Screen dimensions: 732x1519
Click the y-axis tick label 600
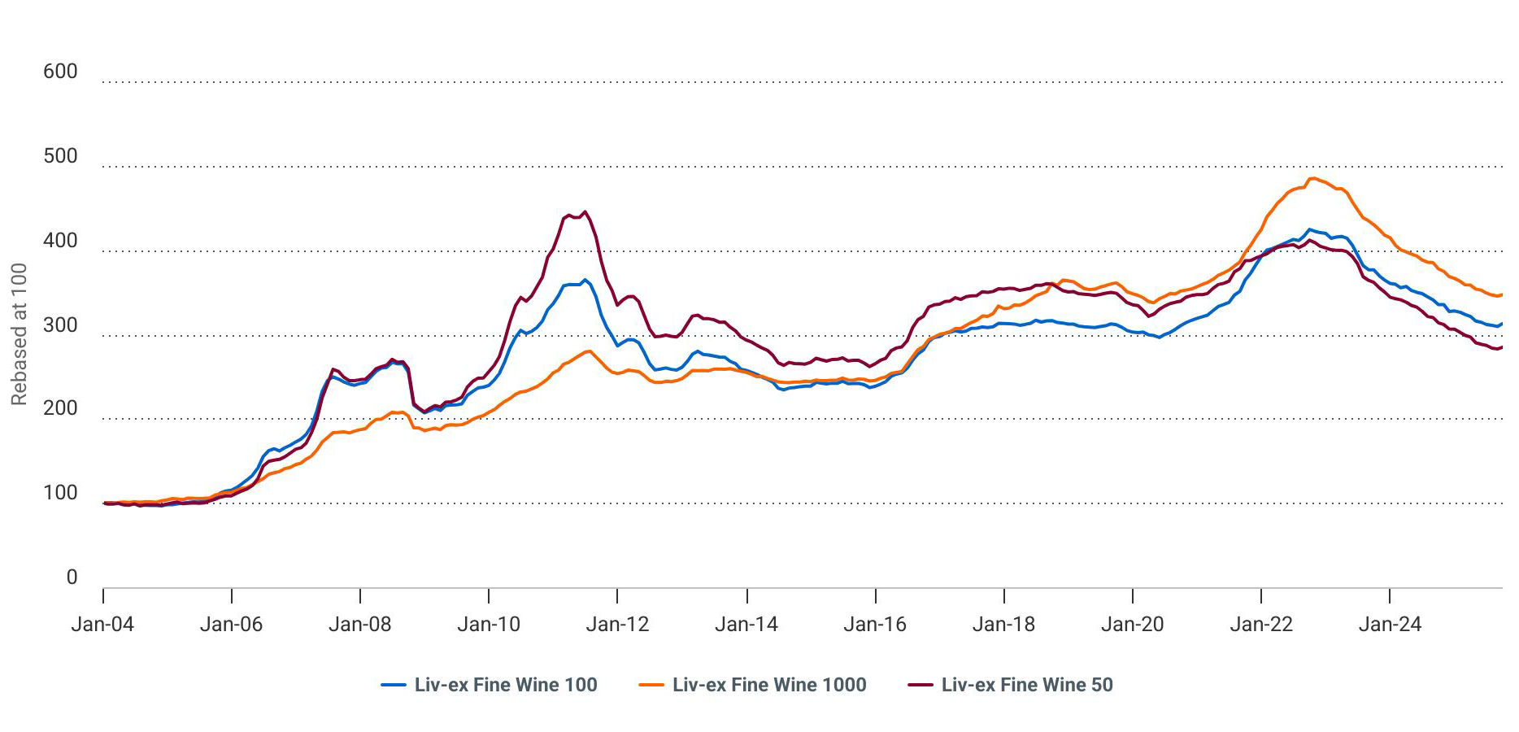tap(60, 72)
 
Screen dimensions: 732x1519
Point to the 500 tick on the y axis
tap(60, 156)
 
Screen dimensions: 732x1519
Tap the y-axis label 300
tap(60, 325)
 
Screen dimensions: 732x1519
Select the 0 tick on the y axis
tap(72, 577)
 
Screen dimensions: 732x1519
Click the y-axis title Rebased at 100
tap(20, 334)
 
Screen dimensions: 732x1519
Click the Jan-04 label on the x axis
tap(102, 625)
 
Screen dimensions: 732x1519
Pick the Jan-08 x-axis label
tap(360, 625)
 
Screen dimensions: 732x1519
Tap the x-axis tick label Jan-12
tap(618, 625)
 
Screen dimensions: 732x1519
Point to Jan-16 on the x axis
tap(875, 625)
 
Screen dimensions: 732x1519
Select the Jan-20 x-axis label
tap(1133, 625)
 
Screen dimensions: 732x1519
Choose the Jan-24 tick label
tap(1390, 625)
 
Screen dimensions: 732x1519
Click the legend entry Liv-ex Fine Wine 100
tap(506, 685)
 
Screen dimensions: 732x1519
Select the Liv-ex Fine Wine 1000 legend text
tap(769, 685)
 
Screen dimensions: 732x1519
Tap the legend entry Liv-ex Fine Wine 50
tap(1027, 685)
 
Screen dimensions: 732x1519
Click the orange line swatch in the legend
tap(651, 685)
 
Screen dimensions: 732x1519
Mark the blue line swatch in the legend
tap(394, 685)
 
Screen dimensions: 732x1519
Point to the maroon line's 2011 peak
tap(585, 211)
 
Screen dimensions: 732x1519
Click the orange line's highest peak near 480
tap(1312, 178)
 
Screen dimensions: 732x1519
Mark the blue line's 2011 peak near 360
tap(585, 280)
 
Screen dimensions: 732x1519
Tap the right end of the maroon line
tap(1501, 347)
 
